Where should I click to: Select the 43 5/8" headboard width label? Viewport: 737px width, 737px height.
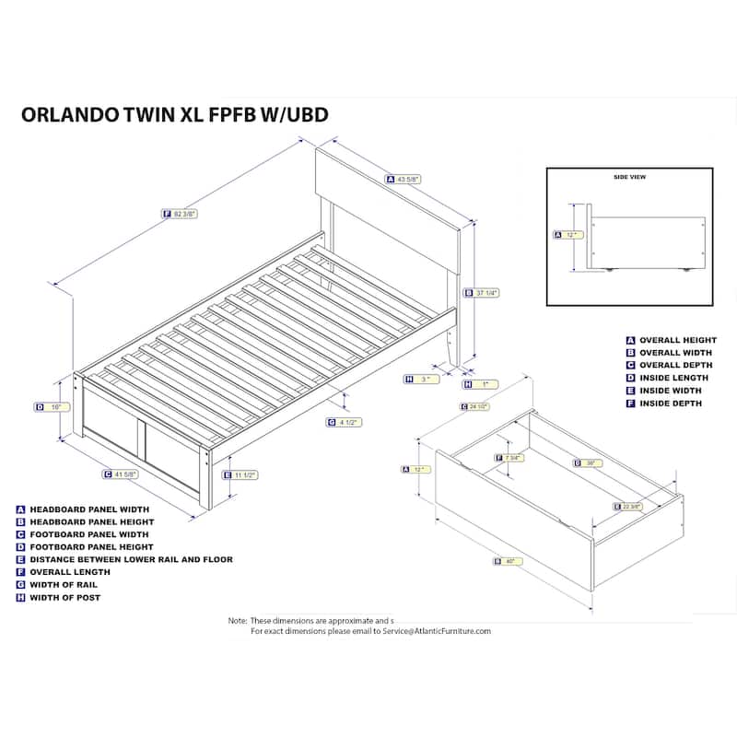(403, 180)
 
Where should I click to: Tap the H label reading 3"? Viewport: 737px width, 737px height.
(420, 379)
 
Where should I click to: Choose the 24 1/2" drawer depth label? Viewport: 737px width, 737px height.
(474, 406)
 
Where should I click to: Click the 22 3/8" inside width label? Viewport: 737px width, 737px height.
(629, 506)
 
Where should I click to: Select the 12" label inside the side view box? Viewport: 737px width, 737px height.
(570, 235)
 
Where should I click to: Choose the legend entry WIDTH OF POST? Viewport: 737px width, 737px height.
(64, 598)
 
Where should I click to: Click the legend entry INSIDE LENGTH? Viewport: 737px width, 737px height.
(673, 378)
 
